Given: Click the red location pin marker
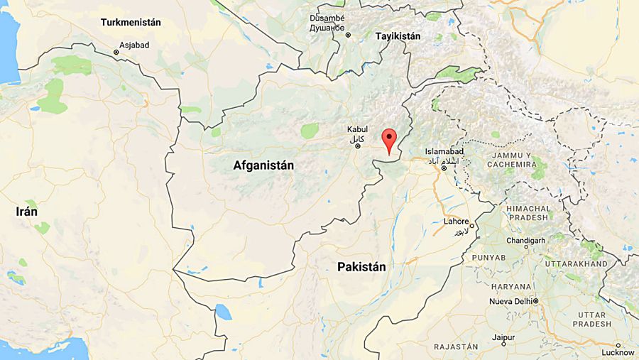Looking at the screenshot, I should [x=388, y=140].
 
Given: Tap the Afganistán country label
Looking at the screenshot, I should [x=263, y=165].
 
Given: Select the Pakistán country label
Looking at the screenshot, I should [x=362, y=267].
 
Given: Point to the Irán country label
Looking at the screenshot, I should [x=27, y=212].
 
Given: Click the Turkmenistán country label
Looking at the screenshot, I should [x=131, y=22].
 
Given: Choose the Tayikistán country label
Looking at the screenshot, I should [x=398, y=36].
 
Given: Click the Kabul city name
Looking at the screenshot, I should [x=357, y=130].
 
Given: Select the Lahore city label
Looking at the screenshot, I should [x=457, y=221].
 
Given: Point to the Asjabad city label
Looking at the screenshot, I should [x=134, y=44].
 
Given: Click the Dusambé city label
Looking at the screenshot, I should [x=327, y=18].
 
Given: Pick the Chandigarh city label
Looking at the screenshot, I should [x=526, y=241].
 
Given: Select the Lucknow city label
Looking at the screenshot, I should [x=617, y=352].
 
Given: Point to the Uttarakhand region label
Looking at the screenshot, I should [x=576, y=263].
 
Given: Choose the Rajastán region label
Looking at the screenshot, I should [x=457, y=347].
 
